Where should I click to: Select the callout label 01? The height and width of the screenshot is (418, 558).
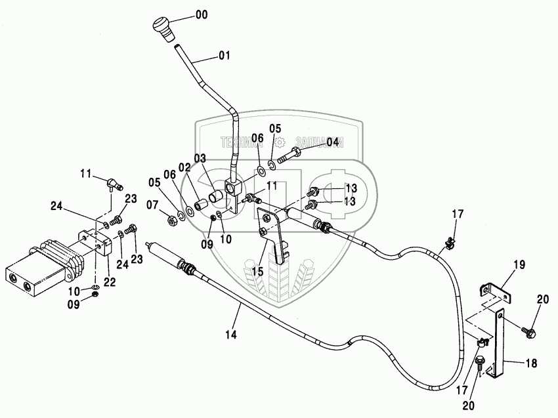click(x=224, y=56)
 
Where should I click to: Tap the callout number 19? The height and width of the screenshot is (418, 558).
click(x=519, y=265)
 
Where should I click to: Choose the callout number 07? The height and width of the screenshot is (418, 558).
click(x=153, y=205)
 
